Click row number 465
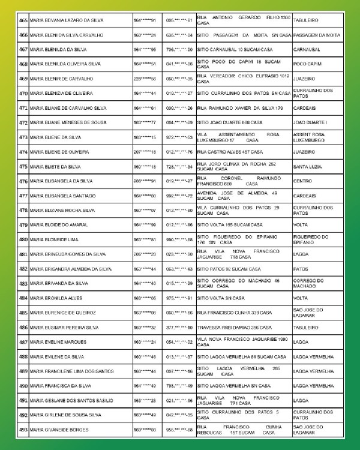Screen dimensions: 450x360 [23, 20]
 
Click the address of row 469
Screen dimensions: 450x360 [243, 79]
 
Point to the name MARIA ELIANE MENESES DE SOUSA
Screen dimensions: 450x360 [68, 122]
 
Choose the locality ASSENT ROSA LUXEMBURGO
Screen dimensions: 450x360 [308, 137]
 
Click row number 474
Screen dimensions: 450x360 [23, 152]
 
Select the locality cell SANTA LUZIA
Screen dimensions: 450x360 [308, 166]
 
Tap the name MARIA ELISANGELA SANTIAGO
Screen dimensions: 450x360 [59, 196]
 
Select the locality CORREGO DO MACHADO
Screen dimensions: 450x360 [308, 284]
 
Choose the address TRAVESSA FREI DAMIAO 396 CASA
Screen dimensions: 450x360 [235, 328]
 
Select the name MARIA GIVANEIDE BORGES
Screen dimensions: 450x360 [59, 430]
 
